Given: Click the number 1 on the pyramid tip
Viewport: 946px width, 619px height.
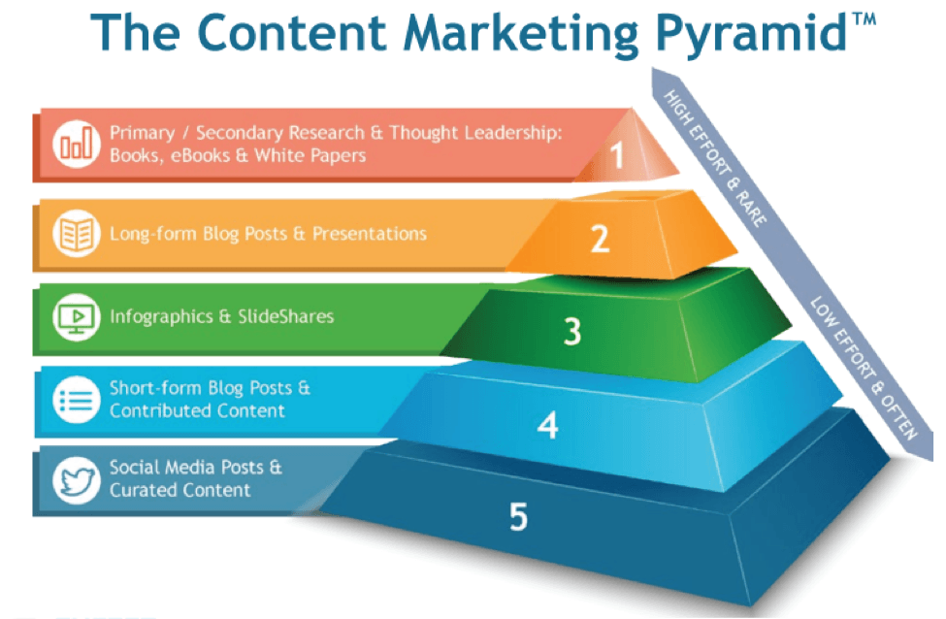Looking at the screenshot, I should pos(617,155).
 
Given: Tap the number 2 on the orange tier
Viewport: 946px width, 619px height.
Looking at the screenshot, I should pos(601,238).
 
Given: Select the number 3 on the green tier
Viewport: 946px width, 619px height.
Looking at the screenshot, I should pos(572,332).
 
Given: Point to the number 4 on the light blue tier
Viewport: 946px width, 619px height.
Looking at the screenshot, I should pos(548,424).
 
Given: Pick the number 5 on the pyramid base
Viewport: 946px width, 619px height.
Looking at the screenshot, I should pos(518,517).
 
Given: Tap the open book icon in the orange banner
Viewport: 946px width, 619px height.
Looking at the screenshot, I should pos(75,235).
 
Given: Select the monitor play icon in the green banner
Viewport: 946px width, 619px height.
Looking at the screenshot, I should pos(75,317).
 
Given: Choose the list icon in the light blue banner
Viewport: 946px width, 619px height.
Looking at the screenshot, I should pos(75,400).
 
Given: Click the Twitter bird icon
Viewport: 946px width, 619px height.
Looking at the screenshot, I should pos(75,479).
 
